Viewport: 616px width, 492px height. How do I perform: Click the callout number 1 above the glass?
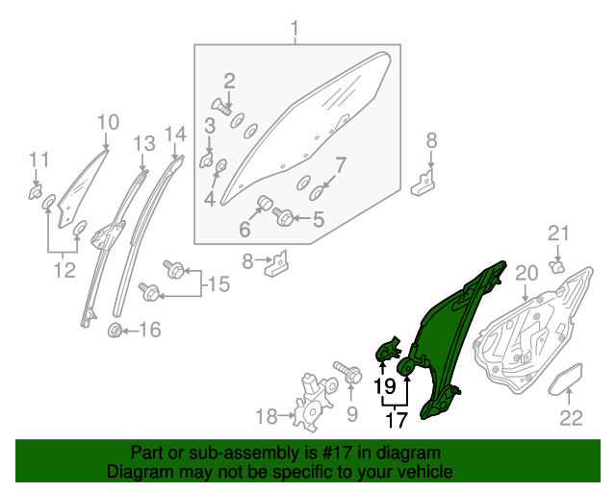click(295, 28)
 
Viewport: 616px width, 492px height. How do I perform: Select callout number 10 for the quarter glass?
click(108, 122)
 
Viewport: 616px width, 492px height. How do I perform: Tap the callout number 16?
click(149, 332)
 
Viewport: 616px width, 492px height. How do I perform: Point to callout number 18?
click(266, 416)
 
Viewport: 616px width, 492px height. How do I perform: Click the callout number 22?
click(572, 417)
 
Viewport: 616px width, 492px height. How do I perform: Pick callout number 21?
click(559, 233)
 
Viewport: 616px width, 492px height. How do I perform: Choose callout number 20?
click(526, 273)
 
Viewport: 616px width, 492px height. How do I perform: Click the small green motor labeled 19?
click(389, 350)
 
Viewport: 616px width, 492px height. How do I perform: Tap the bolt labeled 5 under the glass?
click(285, 219)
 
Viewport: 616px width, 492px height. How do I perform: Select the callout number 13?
click(143, 144)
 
